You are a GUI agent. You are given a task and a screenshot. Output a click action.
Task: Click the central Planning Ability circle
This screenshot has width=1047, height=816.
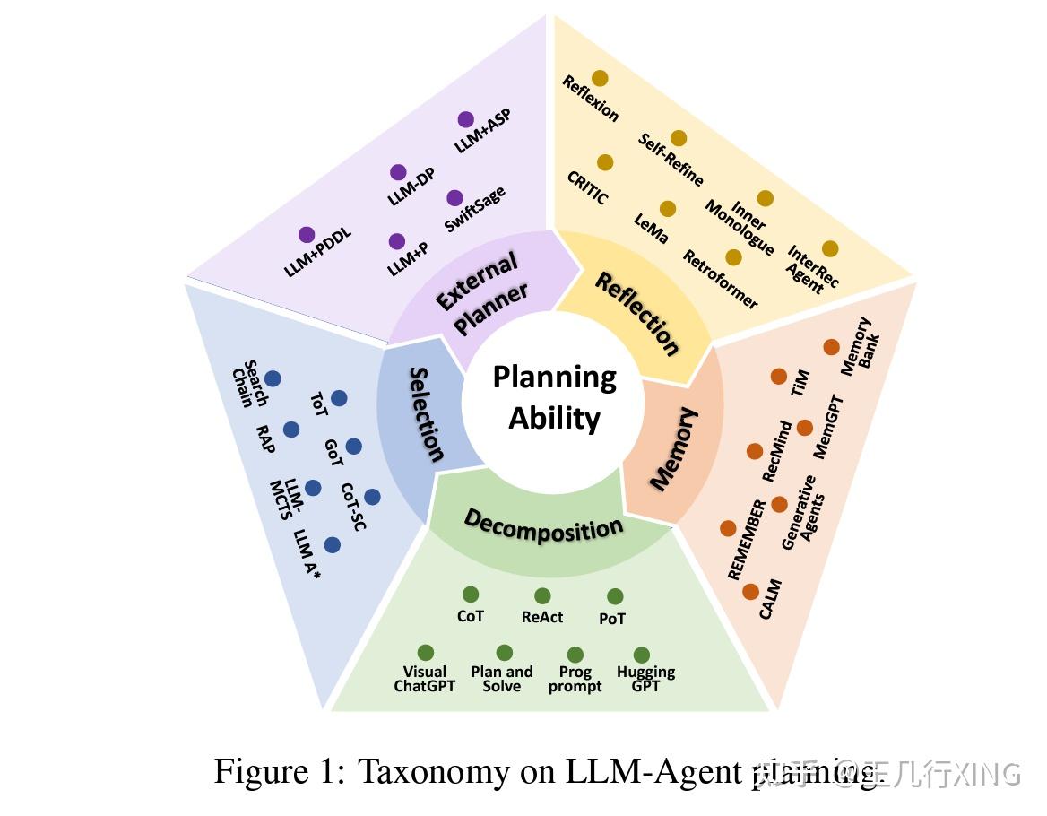point(554,398)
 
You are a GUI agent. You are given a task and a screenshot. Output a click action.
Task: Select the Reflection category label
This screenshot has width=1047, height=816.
point(637,314)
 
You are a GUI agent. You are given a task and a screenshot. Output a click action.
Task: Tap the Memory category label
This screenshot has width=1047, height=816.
point(673,448)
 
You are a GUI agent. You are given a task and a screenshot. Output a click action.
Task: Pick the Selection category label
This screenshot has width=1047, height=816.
point(427,413)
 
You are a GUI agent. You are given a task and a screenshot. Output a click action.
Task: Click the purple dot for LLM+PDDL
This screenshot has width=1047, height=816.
point(307,235)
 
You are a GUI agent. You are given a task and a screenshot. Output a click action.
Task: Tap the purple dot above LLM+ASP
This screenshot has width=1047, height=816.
point(465,119)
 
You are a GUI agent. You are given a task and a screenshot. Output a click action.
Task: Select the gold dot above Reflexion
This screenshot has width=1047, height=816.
point(600,79)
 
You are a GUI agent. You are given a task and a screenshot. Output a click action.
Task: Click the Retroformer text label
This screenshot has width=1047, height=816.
point(720,280)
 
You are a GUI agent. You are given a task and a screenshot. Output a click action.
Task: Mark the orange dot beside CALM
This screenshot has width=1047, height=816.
point(750,592)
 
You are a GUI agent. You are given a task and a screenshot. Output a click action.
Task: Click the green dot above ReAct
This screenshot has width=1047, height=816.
point(542,596)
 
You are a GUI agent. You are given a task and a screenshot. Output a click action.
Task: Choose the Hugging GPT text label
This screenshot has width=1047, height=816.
point(645,679)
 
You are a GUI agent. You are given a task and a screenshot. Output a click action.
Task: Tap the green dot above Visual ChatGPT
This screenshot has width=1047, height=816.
point(426,653)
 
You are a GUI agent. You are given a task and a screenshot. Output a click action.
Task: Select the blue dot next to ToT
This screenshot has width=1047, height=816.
point(339,398)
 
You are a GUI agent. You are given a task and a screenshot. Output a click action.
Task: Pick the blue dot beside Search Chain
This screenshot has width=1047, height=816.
point(273,379)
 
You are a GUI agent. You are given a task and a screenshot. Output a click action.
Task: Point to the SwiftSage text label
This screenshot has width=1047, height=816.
point(474,210)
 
